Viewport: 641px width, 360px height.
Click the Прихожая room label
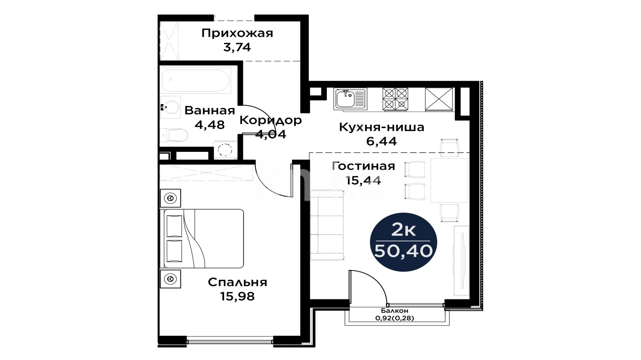[x=237, y=33]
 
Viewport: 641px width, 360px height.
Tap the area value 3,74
[x=237, y=47]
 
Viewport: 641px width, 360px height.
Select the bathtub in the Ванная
[x=196, y=80]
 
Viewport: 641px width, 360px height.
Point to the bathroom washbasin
[x=170, y=107]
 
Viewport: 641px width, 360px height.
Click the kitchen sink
[x=350, y=99]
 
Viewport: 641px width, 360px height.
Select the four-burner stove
[x=395, y=99]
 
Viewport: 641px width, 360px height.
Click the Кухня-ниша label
[x=382, y=127]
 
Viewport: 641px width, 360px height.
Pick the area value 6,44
[x=382, y=141]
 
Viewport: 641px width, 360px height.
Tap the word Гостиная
[x=364, y=166]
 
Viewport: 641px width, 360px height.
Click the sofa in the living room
[x=328, y=225]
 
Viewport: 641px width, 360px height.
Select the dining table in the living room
[x=449, y=181]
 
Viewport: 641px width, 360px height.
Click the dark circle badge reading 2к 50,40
[x=404, y=242]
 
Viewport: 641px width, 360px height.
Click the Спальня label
[x=237, y=283]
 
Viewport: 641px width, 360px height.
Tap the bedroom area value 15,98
[x=237, y=296]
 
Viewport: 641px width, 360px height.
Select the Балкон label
[x=395, y=311]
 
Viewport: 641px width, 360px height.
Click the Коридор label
[x=270, y=120]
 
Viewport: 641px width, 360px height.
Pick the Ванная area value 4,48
[x=210, y=125]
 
